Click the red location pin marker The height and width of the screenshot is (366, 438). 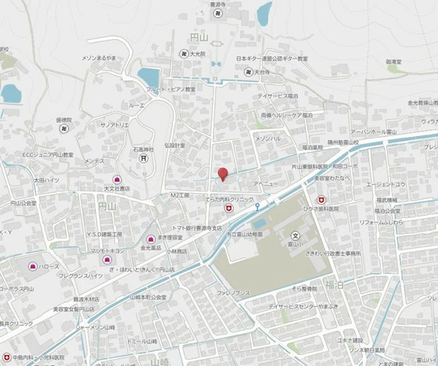[x=222, y=174]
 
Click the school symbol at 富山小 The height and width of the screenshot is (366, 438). [x=296, y=235]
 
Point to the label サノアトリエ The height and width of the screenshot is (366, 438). [x=114, y=124]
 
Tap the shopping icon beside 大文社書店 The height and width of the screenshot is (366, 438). [x=117, y=179]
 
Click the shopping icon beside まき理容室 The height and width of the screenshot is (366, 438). [x=151, y=239]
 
